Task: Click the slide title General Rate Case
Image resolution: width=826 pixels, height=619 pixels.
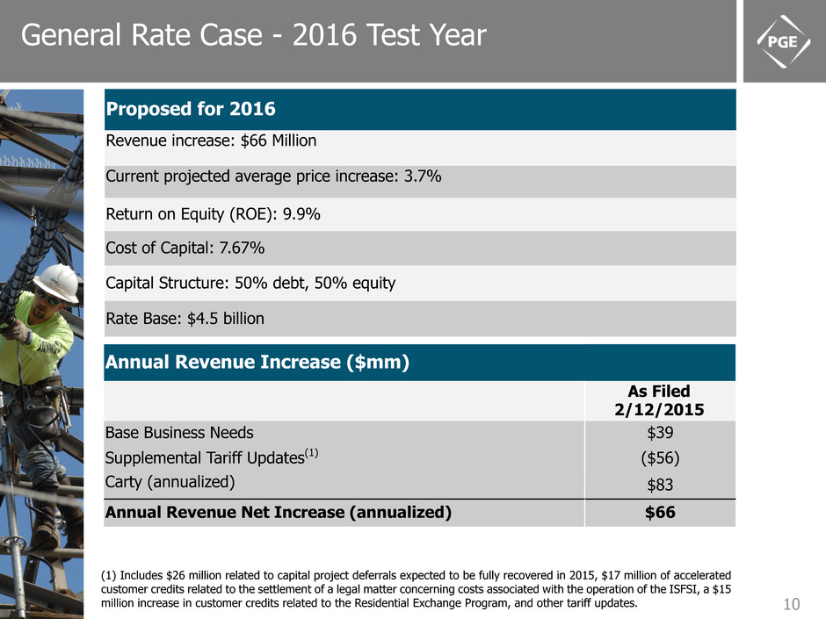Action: pyautogui.click(x=253, y=35)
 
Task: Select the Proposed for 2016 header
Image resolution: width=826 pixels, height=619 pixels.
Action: pyautogui.click(x=191, y=110)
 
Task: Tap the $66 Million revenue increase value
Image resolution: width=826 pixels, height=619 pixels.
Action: pyautogui.click(x=287, y=140)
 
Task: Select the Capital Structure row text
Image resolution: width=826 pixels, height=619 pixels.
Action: pyautogui.click(x=250, y=283)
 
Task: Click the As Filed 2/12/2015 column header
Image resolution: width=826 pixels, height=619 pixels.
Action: pyautogui.click(x=659, y=399)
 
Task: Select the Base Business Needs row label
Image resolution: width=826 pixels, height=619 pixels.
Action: pyautogui.click(x=179, y=432)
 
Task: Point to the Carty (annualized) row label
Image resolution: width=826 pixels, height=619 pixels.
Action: pyautogui.click(x=170, y=481)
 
